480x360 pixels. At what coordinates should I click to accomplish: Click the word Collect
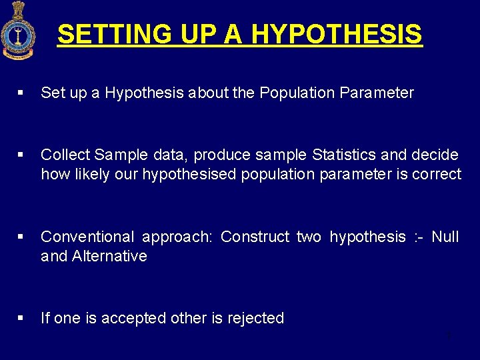(65, 155)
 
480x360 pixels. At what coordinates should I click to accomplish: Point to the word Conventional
(87, 237)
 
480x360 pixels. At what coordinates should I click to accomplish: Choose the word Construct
(255, 237)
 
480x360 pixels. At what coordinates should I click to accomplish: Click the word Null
(445, 237)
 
